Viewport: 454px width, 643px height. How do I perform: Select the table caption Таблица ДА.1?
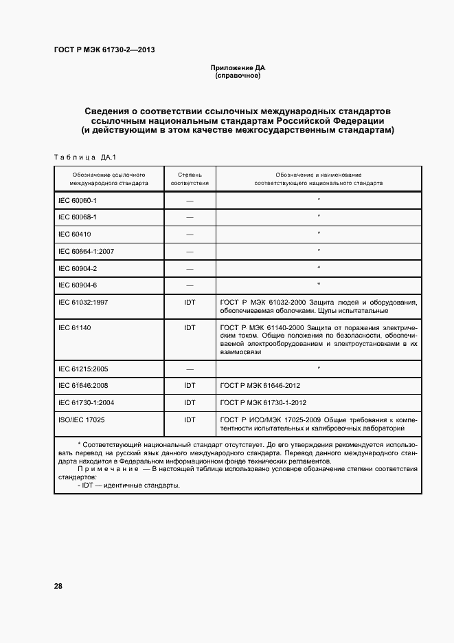pyautogui.click(x=84, y=157)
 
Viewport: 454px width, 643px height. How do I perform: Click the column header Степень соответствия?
pyautogui.click(x=190, y=179)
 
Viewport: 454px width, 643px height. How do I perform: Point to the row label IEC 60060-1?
pyautogui.click(x=78, y=200)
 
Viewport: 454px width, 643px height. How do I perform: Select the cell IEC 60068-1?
pyautogui.click(x=78, y=217)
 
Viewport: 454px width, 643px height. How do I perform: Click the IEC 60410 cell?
pyautogui.click(x=73, y=234)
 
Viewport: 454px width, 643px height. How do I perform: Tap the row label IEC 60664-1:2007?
pyautogui.click(x=87, y=251)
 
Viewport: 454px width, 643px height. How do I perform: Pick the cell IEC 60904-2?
pyautogui.click(x=78, y=268)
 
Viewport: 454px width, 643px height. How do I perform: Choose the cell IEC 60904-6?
pyautogui.click(x=78, y=284)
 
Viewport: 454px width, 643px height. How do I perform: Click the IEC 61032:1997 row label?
pyautogui.click(x=82, y=301)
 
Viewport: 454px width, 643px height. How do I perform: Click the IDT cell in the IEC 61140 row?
pyautogui.click(x=190, y=327)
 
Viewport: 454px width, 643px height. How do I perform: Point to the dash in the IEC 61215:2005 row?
pyautogui.click(x=190, y=369)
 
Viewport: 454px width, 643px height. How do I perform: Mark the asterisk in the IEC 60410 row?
pyautogui.click(x=319, y=234)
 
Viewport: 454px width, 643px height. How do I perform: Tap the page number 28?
pyautogui.click(x=58, y=586)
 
